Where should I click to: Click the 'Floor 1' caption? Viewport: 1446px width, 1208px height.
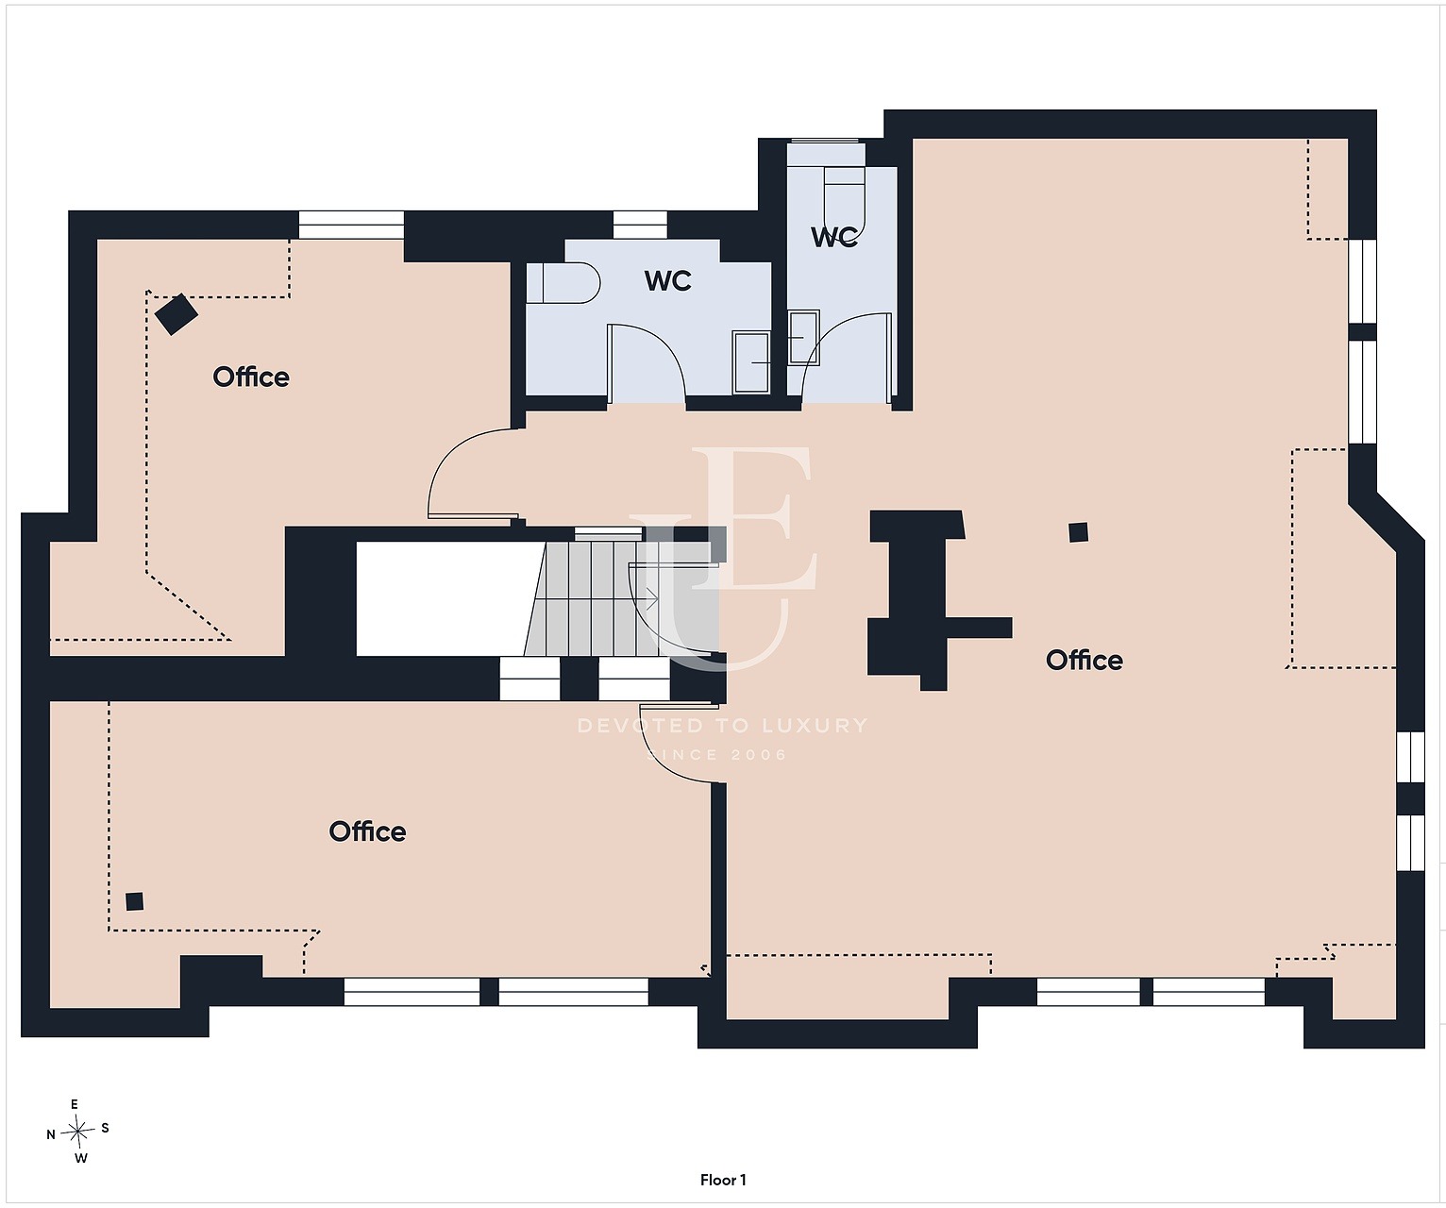click(x=722, y=1180)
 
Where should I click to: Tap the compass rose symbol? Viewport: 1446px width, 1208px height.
click(x=78, y=1132)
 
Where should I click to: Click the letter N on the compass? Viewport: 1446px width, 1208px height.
click(x=51, y=1134)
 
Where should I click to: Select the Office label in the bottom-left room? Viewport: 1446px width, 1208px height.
click(x=367, y=831)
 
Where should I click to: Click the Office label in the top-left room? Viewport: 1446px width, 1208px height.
click(x=251, y=377)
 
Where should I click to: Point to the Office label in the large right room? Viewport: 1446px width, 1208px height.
click(x=1084, y=660)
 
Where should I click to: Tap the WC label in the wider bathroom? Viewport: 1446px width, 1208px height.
click(x=667, y=280)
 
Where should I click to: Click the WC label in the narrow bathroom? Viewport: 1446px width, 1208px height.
click(x=834, y=237)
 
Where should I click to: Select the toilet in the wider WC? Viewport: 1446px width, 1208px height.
click(x=563, y=282)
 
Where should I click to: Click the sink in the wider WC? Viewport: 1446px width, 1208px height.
click(x=751, y=362)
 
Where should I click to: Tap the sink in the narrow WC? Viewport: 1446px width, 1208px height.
click(x=804, y=337)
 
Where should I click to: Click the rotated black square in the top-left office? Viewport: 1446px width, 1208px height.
click(x=176, y=313)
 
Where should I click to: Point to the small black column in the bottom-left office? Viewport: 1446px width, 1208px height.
click(x=134, y=901)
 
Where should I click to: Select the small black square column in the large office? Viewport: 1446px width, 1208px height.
click(x=1078, y=532)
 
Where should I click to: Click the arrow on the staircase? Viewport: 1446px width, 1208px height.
click(x=651, y=597)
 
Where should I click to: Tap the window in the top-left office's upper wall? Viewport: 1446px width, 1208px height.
click(x=351, y=226)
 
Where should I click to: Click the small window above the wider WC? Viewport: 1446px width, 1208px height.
click(x=640, y=226)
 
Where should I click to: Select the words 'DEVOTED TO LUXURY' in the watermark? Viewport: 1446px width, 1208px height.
click(x=722, y=725)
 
